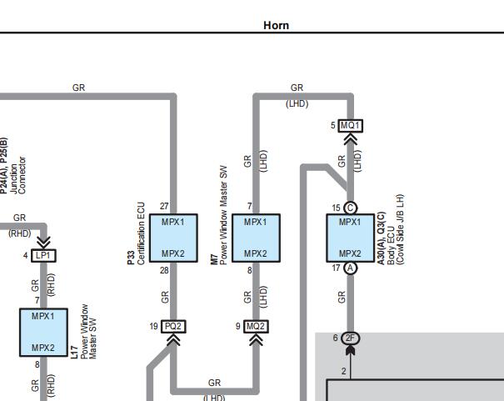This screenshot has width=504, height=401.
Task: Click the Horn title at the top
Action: click(276, 25)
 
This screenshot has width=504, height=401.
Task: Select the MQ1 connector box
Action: click(351, 125)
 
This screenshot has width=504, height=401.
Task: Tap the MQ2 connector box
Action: click(256, 327)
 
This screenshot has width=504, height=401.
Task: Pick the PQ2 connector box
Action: click(173, 327)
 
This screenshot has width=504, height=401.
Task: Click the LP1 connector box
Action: click(43, 256)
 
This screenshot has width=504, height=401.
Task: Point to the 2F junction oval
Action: click(351, 338)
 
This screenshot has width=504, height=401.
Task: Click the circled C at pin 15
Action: click(351, 208)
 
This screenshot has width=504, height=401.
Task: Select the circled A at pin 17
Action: click(351, 268)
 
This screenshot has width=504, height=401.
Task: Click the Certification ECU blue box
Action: click(173, 238)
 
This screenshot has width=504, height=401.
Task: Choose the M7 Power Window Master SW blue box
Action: click(257, 238)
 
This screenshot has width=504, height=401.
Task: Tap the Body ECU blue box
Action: click(351, 238)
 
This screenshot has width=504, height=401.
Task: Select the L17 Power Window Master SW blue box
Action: click(43, 333)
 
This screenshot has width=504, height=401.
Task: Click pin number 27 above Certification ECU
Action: click(164, 206)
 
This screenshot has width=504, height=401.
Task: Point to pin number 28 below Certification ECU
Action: click(164, 270)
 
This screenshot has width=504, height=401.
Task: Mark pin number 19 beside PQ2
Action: click(153, 327)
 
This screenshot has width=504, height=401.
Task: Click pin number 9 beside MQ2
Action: click(238, 327)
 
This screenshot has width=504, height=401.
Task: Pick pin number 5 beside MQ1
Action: click(333, 125)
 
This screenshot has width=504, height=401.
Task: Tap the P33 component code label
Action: click(131, 258)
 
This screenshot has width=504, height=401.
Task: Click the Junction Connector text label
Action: click(17, 175)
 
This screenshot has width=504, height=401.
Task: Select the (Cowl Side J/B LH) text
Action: click(400, 229)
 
